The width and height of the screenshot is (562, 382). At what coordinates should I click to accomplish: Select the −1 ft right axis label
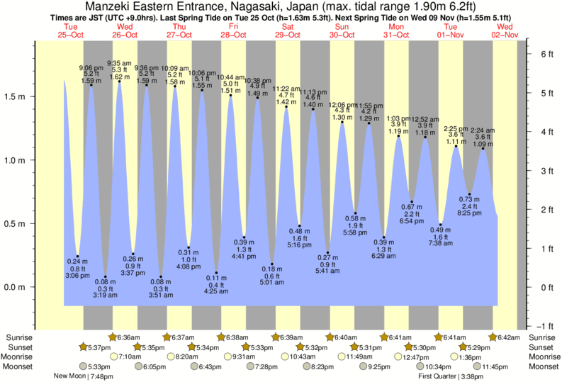point(543,326)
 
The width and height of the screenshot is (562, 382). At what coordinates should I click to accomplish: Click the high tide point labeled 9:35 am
point(119,82)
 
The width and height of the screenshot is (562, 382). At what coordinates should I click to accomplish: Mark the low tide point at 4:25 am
point(216,273)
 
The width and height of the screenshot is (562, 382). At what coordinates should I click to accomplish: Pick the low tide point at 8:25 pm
point(469,194)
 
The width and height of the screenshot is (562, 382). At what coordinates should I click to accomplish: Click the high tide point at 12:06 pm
point(342,122)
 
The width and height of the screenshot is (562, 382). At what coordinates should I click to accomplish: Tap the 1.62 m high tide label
point(118,76)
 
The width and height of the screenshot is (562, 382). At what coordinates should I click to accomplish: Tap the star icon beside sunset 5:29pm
point(464,347)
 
